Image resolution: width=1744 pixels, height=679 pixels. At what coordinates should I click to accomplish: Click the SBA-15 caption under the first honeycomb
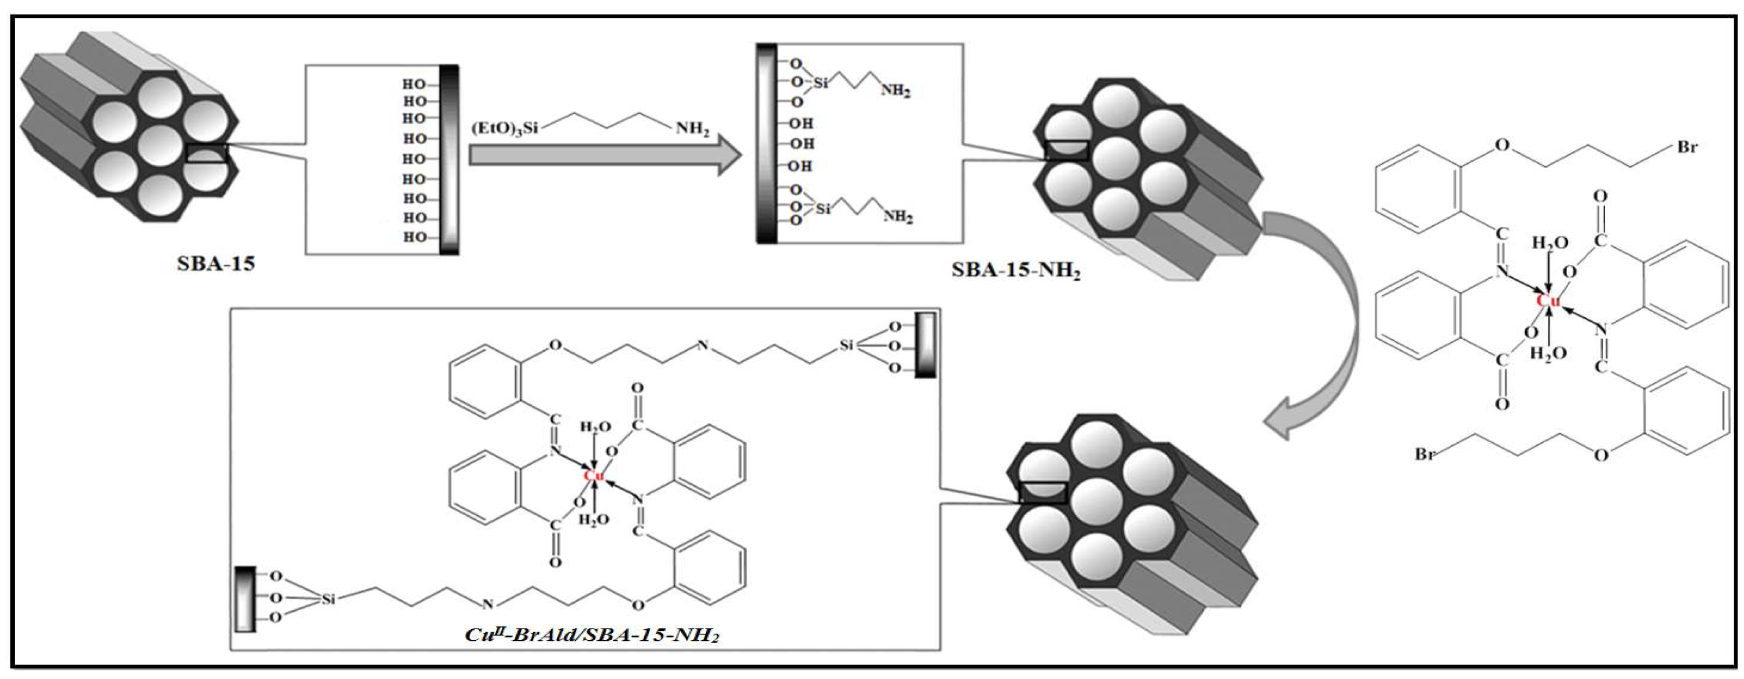point(215,263)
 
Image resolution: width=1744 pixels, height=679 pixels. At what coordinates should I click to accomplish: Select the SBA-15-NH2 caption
point(1015,270)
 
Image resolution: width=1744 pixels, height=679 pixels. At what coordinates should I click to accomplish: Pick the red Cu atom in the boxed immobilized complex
point(594,476)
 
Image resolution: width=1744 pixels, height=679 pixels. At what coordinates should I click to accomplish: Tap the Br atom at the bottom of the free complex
point(1425,453)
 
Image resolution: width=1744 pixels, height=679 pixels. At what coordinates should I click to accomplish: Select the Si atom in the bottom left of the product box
point(328,599)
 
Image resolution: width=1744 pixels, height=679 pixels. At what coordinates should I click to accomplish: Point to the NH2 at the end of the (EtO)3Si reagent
point(692,129)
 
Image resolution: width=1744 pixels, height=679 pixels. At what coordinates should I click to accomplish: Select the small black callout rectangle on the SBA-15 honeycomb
point(207,153)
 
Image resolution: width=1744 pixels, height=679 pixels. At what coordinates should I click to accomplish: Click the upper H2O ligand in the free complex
point(1550,243)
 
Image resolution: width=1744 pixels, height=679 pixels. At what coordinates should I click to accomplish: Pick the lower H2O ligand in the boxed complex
point(594,520)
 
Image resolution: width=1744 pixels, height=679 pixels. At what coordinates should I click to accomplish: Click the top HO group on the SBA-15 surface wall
point(414,85)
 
